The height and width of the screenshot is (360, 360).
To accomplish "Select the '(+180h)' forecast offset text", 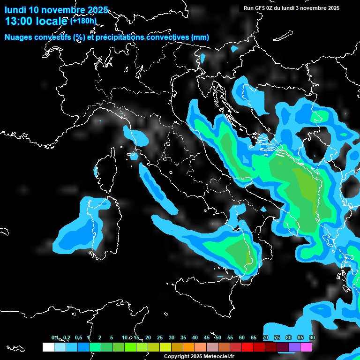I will point(83,21).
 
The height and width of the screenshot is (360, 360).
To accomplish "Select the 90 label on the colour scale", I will point(312,337).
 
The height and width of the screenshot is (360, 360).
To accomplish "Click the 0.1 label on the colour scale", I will point(54,337).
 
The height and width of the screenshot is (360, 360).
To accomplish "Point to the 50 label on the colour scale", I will point(218,337).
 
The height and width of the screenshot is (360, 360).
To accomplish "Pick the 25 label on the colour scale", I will point(160,337).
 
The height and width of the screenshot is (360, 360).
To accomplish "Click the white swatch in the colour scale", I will point(48,347).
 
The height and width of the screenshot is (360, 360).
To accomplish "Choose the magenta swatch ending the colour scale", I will point(306,347).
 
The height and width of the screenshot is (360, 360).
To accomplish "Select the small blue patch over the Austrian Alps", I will point(203,58).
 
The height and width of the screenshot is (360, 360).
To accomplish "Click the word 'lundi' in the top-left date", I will point(15,10).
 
